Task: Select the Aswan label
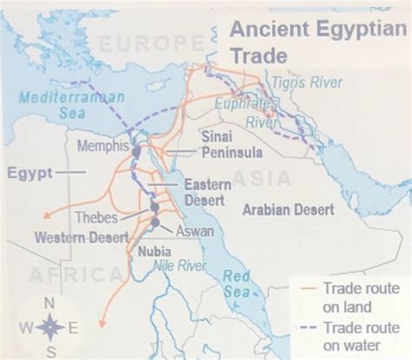(x=194, y=232)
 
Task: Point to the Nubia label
(x=154, y=251)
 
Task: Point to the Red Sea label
(x=236, y=284)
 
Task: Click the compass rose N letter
(x=50, y=303)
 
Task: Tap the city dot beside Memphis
(x=136, y=152)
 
